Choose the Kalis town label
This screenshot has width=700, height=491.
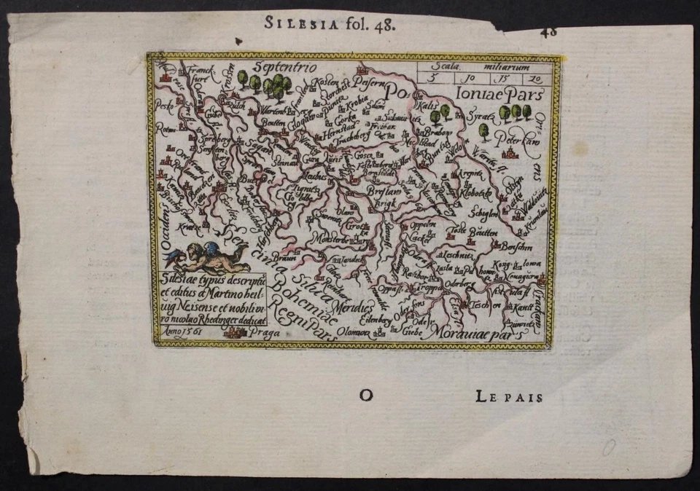pos(429,106)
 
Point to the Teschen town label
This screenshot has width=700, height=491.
pos(482,304)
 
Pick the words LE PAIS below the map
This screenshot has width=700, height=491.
pos(509,397)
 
